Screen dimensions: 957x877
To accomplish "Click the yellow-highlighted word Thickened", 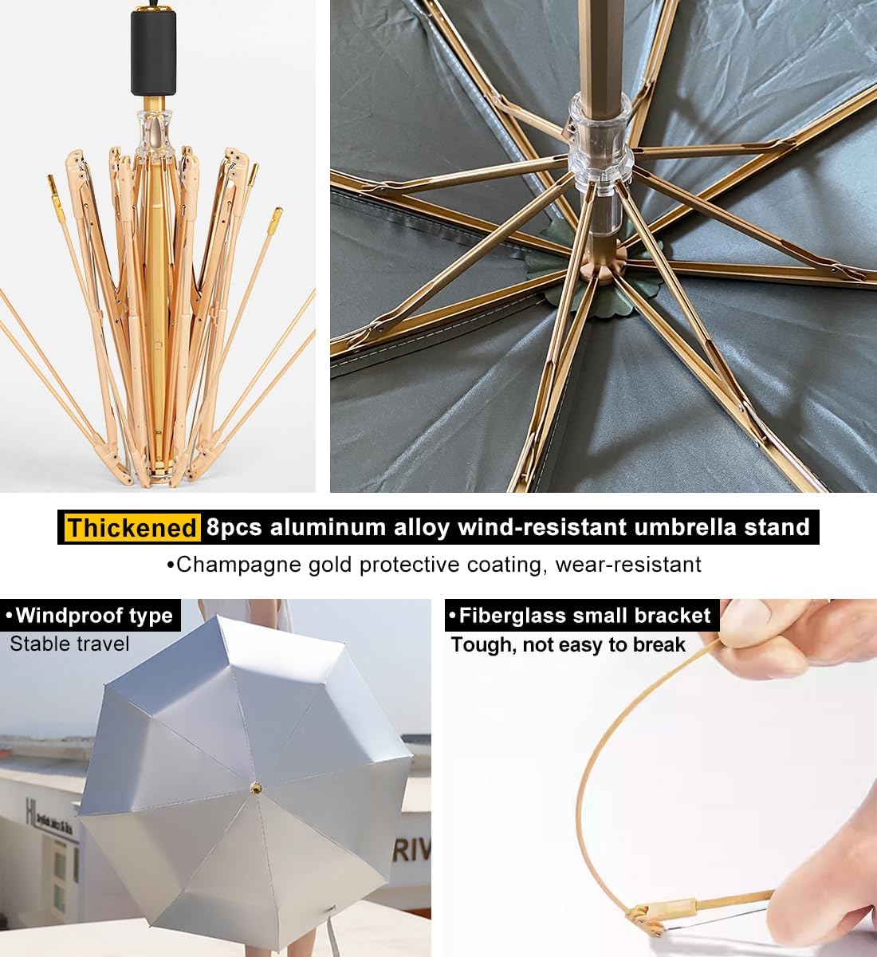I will tap(132, 528).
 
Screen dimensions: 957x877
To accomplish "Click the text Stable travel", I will tap(69, 644).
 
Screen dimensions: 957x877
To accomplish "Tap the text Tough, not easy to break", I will tap(568, 644).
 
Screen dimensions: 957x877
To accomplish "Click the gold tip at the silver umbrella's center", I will tap(256, 788).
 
